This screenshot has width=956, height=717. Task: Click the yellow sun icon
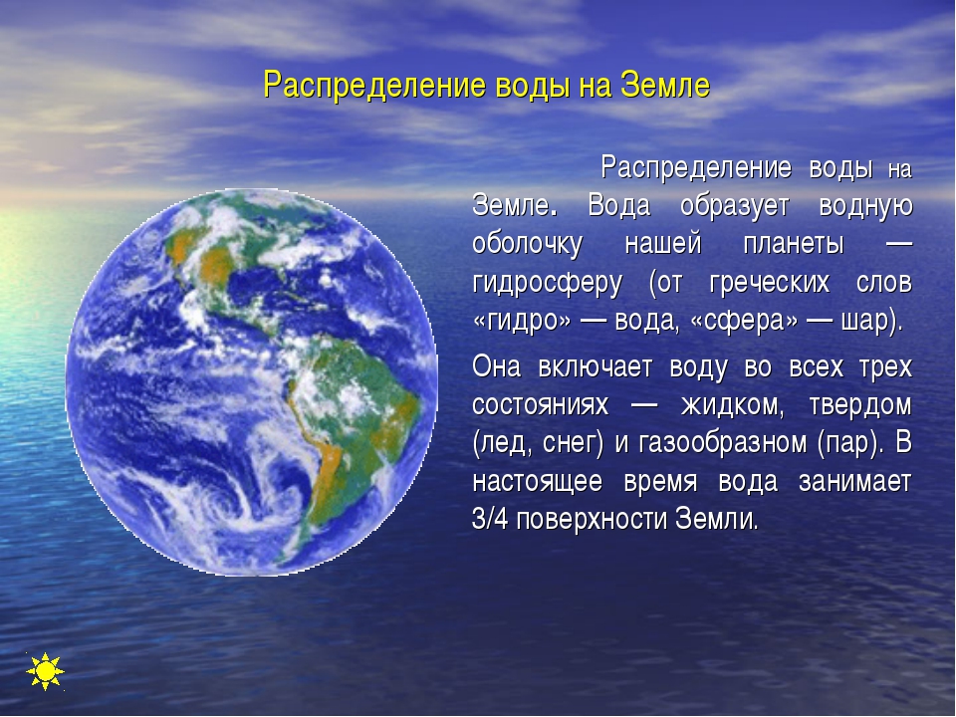click(x=45, y=671)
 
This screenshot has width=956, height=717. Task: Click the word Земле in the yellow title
click(x=665, y=86)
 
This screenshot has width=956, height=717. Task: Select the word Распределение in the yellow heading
click(x=374, y=87)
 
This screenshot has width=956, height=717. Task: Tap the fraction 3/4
click(x=490, y=520)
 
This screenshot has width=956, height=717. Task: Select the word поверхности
click(x=591, y=521)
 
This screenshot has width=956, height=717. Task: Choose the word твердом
click(x=859, y=406)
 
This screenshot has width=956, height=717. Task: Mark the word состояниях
click(x=540, y=406)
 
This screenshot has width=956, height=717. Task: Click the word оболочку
click(x=528, y=245)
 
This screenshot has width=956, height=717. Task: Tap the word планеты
click(x=794, y=245)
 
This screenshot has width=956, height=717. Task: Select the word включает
click(x=596, y=367)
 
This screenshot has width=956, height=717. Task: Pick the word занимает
click(x=854, y=482)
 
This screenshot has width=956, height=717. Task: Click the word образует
click(x=735, y=207)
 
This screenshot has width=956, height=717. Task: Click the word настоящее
click(x=537, y=482)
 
